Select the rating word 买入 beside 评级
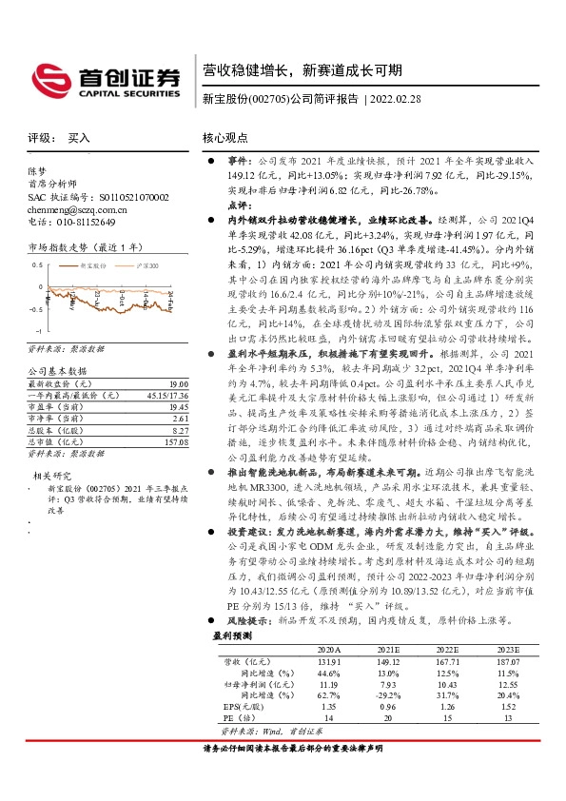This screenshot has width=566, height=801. point(79,138)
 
